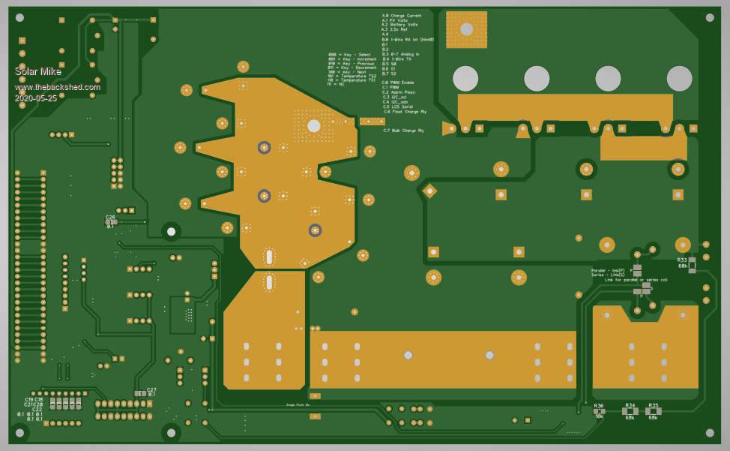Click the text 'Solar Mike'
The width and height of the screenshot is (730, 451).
click(x=38, y=71)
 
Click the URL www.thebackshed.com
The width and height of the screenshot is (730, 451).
click(x=57, y=86)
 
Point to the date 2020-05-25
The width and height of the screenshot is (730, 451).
click(x=36, y=98)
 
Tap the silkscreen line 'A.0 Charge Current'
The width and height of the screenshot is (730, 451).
click(x=402, y=16)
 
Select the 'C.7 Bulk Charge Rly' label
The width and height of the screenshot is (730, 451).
click(x=403, y=131)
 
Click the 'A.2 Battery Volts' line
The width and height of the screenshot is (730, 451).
click(x=399, y=25)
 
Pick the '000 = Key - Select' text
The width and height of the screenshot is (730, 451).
click(x=349, y=55)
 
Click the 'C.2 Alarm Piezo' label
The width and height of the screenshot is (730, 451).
click(x=398, y=92)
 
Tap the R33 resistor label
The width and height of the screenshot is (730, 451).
click(x=682, y=260)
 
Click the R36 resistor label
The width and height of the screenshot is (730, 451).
click(x=599, y=405)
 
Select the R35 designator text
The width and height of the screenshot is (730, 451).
click(x=653, y=405)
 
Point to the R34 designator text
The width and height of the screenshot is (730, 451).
click(x=630, y=405)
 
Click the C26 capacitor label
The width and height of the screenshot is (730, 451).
click(x=110, y=218)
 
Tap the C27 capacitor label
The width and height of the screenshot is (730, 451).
click(x=151, y=389)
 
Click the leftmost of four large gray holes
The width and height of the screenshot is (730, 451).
click(x=465, y=79)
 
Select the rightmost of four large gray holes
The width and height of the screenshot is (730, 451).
click(x=679, y=79)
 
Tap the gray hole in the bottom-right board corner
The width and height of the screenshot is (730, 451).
click(x=709, y=432)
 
